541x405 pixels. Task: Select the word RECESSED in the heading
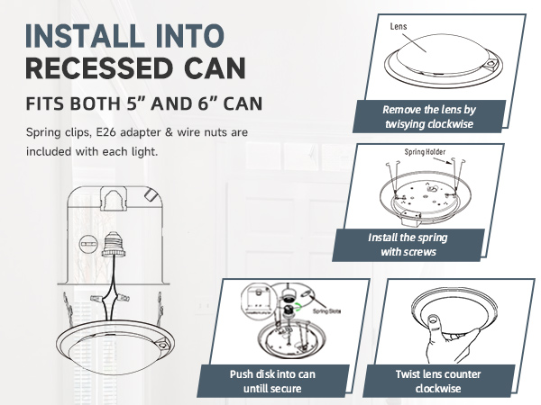pyautogui.click(x=96, y=68)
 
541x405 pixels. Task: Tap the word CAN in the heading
pyautogui.click(x=206, y=68)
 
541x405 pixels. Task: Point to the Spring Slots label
pyautogui.click(x=326, y=310)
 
